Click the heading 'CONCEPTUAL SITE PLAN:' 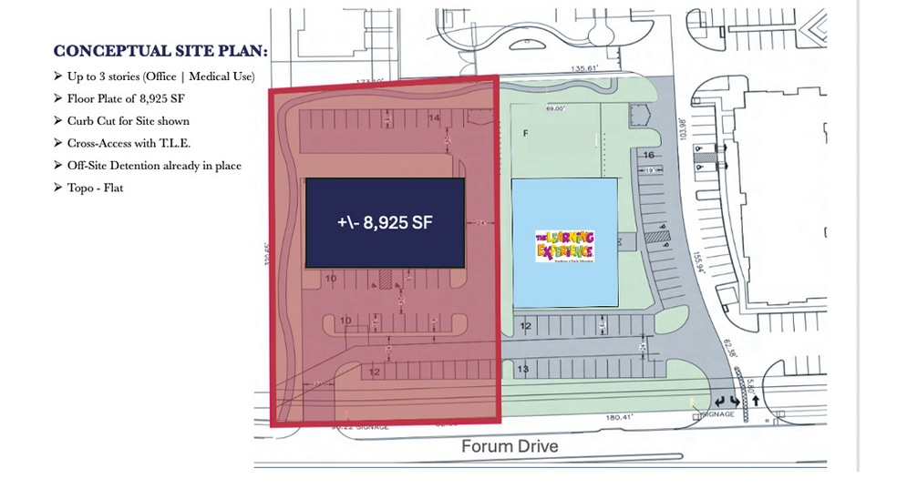coord(160,51)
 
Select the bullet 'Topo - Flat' coord(95,188)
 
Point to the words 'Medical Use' coord(222,76)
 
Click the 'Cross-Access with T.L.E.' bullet coord(128,144)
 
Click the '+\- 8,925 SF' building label coord(384,221)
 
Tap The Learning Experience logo coord(564,245)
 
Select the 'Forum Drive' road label coord(509,446)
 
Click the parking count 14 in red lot coord(434,118)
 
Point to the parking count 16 coord(650,156)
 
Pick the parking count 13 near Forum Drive coord(522,370)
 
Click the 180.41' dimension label coord(620,418)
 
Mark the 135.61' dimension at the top coord(583,68)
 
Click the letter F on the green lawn coord(525,133)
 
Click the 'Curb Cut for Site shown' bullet coord(128,121)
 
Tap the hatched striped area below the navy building coord(386,279)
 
